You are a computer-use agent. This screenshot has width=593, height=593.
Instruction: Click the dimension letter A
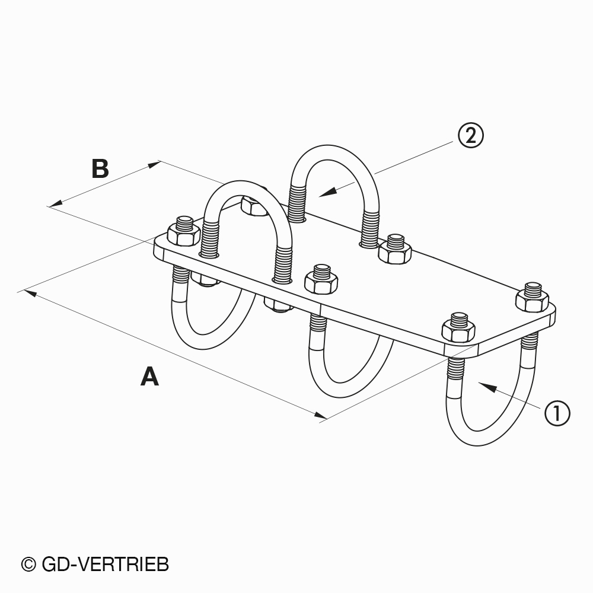click(x=149, y=376)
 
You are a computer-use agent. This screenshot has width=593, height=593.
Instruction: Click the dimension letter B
click(x=100, y=168)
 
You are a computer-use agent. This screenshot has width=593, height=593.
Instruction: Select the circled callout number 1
click(x=557, y=413)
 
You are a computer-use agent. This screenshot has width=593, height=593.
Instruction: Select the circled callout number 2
click(x=471, y=135)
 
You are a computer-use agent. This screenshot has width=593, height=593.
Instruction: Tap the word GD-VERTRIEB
click(x=105, y=565)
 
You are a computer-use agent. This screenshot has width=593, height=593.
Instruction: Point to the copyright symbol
click(x=28, y=565)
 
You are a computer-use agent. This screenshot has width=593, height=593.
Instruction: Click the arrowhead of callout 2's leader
click(x=327, y=192)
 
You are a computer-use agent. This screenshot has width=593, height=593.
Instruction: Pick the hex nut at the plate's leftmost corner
click(x=184, y=231)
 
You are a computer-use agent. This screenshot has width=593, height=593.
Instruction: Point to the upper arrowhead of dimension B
click(x=154, y=164)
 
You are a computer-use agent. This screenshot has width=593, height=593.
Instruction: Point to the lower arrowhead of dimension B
click(x=55, y=204)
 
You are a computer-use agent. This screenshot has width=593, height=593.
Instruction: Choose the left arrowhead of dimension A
click(x=30, y=292)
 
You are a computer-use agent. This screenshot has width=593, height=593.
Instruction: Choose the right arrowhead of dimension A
click(x=321, y=415)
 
